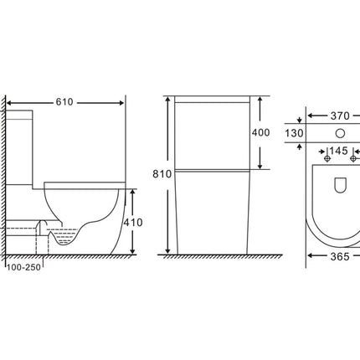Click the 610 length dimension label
pos(64,102)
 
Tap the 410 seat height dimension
pos(133,223)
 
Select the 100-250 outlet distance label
pos(23,267)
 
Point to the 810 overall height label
pos(162,174)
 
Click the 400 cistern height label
pos(261,132)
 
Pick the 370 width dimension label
pos(340,116)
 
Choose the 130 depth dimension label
pos(294,133)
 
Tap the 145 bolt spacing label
pos(338,151)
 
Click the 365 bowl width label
pos(340,256)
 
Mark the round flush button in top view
pos(340,133)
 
